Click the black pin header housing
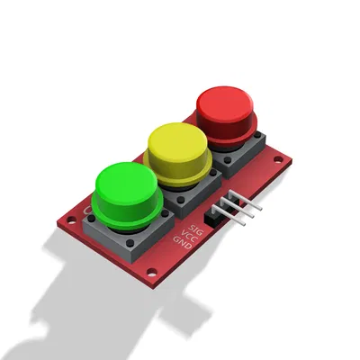click(218, 215)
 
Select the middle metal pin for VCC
click(249, 206)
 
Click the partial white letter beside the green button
click(87, 210)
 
